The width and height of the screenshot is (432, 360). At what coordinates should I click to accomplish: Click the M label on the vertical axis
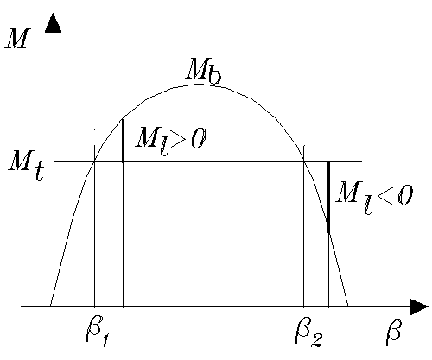[18, 39]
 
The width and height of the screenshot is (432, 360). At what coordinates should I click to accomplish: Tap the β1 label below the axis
[98, 333]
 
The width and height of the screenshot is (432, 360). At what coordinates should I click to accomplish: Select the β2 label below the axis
[308, 333]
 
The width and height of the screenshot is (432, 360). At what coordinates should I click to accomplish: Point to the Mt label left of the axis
[27, 167]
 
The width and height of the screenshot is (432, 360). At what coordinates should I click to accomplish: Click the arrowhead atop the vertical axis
[54, 23]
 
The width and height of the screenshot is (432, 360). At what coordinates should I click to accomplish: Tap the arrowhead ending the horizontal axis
[418, 306]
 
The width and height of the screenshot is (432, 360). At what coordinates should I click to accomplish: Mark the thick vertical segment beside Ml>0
[124, 141]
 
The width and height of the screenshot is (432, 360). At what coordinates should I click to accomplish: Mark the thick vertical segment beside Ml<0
[328, 198]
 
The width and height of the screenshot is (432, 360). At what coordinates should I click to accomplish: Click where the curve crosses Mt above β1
[94, 162]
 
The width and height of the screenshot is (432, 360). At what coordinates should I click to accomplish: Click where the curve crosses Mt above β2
[304, 162]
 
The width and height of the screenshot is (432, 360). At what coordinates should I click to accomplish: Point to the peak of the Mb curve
[200, 84]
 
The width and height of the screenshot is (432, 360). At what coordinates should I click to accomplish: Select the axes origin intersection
[54, 306]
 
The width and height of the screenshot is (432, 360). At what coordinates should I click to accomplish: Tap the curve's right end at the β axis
[348, 306]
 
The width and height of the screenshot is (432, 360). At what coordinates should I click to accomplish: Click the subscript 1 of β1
[105, 340]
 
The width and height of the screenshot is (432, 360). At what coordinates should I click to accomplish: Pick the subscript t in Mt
[39, 173]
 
